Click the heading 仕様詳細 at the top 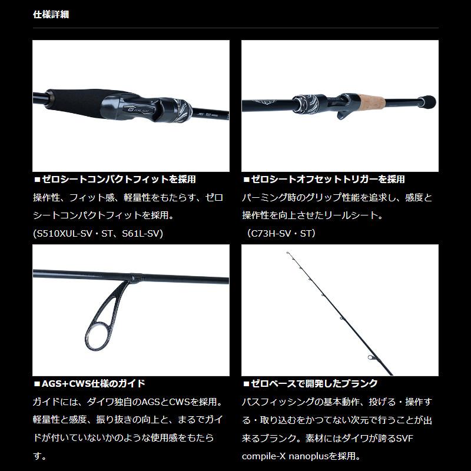point(51,14)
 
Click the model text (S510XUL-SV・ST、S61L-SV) point(98,234)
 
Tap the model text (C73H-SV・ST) point(282,234)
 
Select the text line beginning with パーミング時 point(337,198)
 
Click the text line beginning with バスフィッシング point(337,402)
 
